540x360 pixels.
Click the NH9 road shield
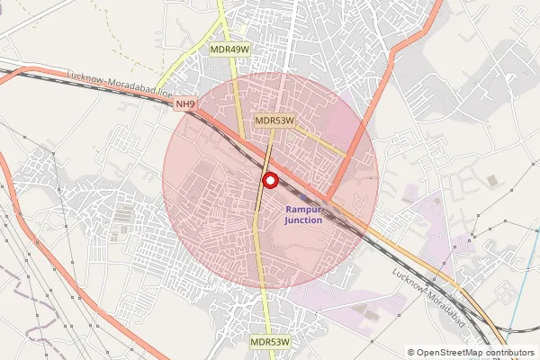(185, 104)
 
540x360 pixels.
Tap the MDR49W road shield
(229, 49)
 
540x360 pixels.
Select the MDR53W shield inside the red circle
(274, 120)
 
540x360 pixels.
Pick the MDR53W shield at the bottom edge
(270, 342)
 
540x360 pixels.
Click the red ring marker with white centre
(269, 181)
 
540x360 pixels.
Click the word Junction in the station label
(304, 220)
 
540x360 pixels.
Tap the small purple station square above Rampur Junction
(304, 198)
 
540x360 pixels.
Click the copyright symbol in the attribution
(411, 353)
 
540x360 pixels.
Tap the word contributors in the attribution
(510, 353)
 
